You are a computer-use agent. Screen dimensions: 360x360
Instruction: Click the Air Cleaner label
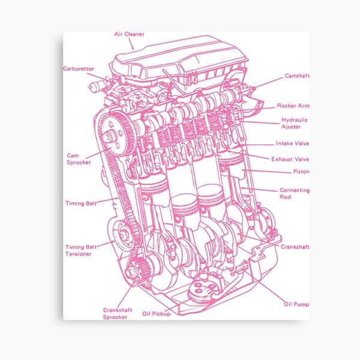point(129,34)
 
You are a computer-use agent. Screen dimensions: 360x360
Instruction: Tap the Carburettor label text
point(79,69)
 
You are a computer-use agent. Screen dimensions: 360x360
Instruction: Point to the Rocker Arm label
point(293,106)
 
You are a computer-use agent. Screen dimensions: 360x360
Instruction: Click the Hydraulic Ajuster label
point(294,123)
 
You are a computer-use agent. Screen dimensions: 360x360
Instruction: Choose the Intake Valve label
point(292,143)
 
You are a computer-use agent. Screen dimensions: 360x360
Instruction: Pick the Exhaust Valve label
point(290,159)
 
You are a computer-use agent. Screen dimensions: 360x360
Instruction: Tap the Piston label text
point(301,172)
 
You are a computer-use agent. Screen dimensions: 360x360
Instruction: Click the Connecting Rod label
point(294,193)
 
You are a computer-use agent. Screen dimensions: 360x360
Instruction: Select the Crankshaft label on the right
point(295,247)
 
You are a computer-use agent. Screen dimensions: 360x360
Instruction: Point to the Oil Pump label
point(296,304)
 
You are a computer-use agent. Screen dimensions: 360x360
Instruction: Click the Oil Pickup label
point(156,313)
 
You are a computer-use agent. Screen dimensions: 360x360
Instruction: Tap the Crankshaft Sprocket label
point(115,313)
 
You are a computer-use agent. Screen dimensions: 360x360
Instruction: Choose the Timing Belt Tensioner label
point(79,250)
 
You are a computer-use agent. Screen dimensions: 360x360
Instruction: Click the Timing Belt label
point(81,203)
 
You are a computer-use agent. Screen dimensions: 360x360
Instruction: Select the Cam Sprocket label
point(79,158)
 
